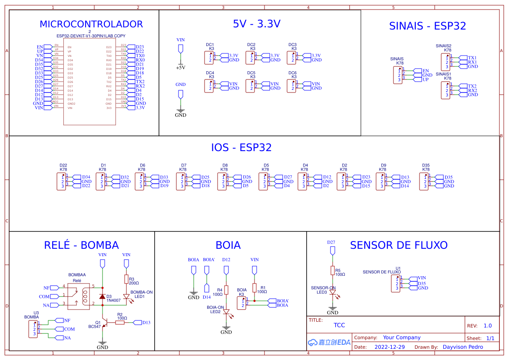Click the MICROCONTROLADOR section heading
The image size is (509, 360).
coord(91,24)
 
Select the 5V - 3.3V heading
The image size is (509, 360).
coord(257,24)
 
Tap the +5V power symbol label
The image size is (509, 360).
coord(180,68)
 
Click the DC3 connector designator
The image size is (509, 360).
coord(292,45)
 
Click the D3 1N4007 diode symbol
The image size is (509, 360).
coord(102,297)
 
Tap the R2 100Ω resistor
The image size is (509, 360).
coord(120,322)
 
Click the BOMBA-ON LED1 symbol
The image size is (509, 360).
coord(126,297)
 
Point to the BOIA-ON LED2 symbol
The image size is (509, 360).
coord(226,312)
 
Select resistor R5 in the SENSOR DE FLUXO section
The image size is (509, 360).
coord(333,271)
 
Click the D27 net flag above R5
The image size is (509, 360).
coord(333,250)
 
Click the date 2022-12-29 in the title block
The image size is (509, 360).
coord(389,347)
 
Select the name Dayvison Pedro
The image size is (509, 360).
coord(463,347)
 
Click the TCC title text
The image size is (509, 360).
coord(339,325)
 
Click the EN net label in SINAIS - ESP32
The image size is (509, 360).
coord(425,71)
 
